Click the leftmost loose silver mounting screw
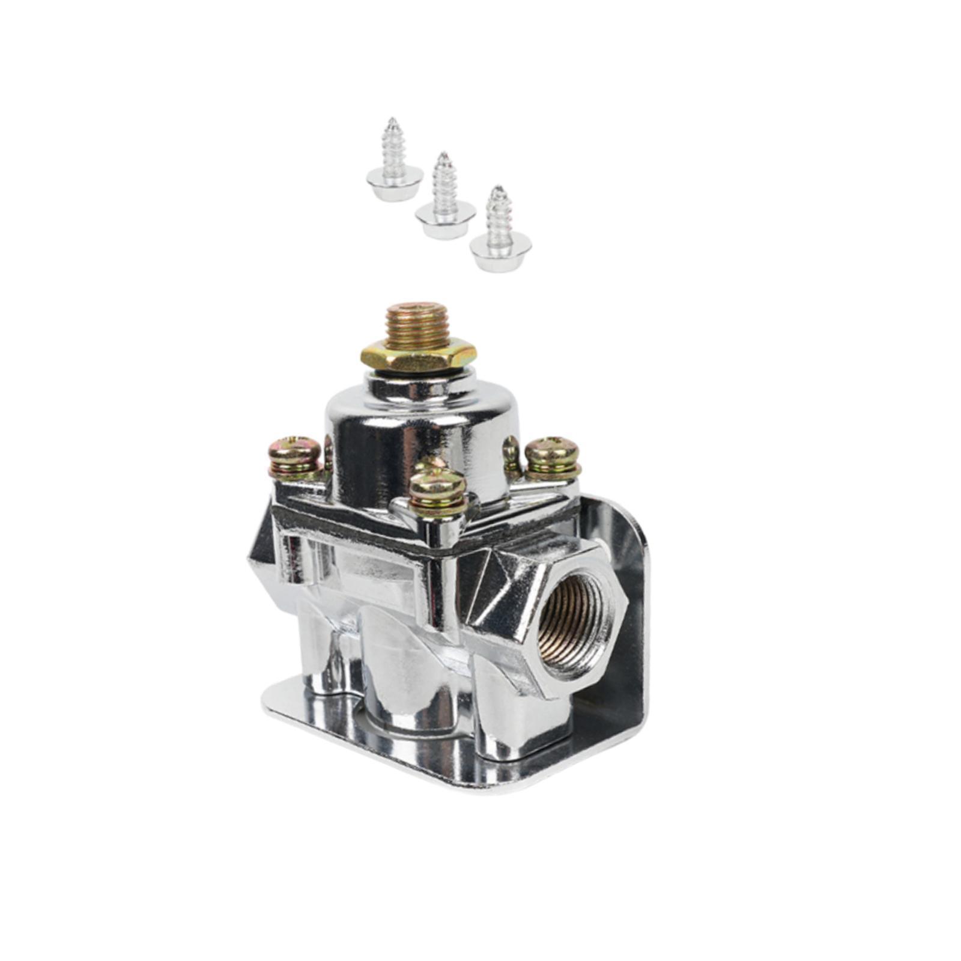point(394,162)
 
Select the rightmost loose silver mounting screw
point(500,231)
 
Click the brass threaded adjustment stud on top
point(419,324)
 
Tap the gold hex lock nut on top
point(419,356)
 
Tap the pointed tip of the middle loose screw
point(443,156)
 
